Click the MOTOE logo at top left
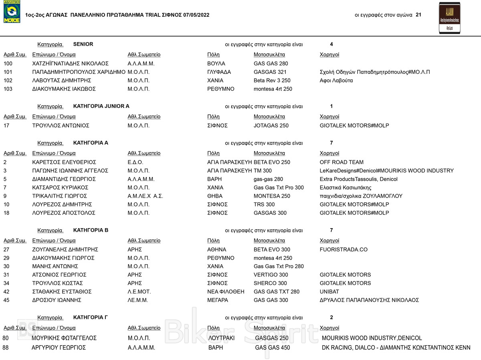(12, 12)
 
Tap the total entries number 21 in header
(418, 15)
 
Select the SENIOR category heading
(83, 44)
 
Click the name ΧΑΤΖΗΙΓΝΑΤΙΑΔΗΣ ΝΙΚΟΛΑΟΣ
(71, 64)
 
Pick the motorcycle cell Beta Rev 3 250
(272, 81)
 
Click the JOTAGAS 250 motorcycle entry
(271, 126)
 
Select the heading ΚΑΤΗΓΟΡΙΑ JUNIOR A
(101, 106)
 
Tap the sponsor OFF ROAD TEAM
(342, 162)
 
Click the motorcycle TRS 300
(264, 204)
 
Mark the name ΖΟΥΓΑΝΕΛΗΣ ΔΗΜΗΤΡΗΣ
(65, 250)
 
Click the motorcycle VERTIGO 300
(271, 275)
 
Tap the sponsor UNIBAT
(329, 292)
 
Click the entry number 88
(6, 348)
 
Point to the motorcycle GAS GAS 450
(273, 348)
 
